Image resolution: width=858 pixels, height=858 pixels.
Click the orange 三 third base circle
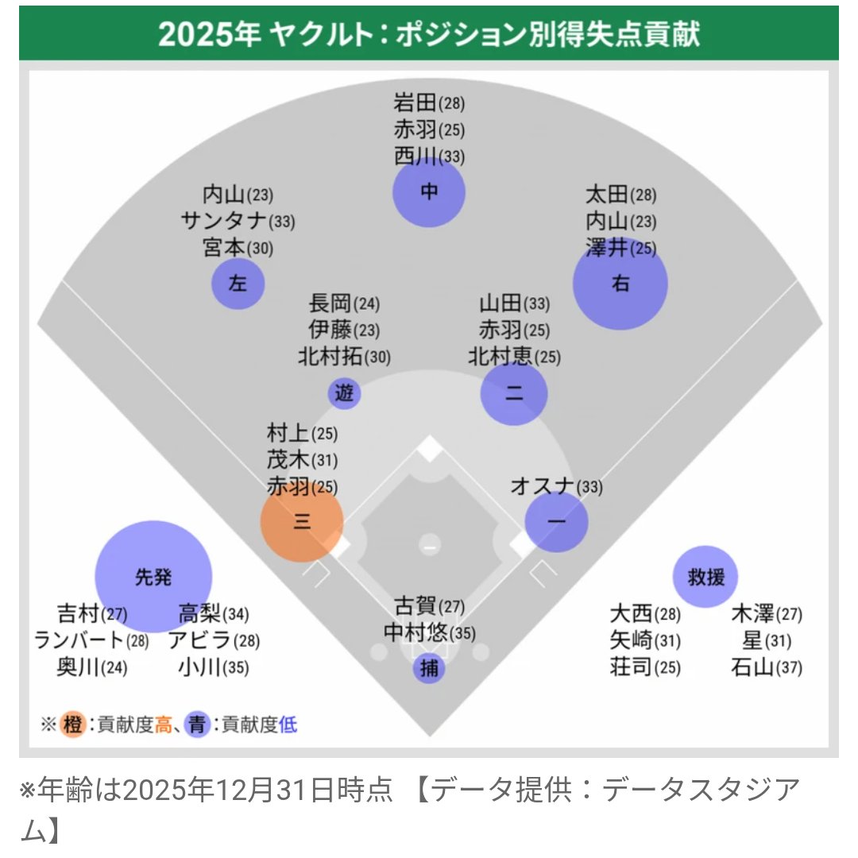[x=302, y=521]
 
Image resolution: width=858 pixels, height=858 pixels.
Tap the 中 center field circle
[x=429, y=192]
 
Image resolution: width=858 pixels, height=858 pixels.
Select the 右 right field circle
[x=620, y=284]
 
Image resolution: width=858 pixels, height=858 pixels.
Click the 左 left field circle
[x=238, y=284]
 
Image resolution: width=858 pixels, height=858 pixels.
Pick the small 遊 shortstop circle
[x=344, y=392]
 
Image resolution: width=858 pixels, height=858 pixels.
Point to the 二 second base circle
[x=514, y=393]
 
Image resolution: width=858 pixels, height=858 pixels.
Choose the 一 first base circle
[x=557, y=522]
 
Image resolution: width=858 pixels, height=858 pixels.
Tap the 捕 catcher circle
[x=429, y=669]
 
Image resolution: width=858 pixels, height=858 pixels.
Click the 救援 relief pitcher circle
[x=705, y=576]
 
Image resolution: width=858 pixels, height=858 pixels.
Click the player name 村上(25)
[x=302, y=433]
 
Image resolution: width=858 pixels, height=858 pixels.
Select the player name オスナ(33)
[x=556, y=485]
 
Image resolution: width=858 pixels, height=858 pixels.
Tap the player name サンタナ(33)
[x=237, y=222]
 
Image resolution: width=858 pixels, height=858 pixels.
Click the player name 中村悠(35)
[x=429, y=633]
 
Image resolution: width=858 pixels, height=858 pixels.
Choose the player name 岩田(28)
[x=429, y=102]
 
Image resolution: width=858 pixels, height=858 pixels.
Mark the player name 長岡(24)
[x=344, y=303]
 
